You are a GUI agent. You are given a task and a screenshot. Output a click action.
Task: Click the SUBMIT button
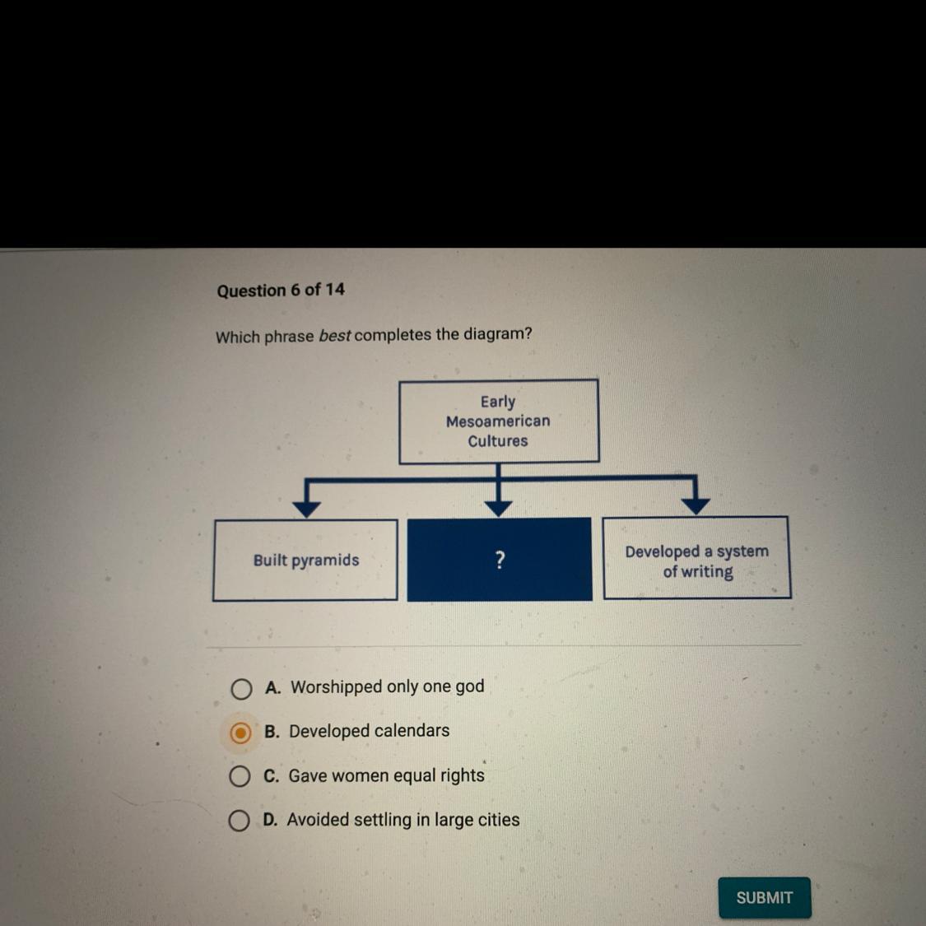pos(764,897)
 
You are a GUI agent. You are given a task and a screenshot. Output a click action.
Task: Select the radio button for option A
pos(241,689)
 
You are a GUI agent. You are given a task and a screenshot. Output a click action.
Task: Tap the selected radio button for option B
pos(240,733)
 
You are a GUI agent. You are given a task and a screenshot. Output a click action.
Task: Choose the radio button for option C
pos(240,776)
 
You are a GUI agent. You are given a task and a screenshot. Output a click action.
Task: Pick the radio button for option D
pos(239,821)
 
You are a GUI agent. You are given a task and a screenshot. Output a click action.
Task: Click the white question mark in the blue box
pos(500,561)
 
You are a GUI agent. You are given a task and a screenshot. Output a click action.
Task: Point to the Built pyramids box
pos(305,561)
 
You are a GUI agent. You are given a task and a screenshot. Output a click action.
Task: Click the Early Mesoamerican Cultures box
pos(498,421)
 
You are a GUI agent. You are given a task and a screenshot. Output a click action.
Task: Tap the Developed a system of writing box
pos(696,559)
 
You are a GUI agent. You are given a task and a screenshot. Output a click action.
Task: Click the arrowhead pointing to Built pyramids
pos(306,508)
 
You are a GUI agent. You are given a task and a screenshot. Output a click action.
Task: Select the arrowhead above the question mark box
pos(498,507)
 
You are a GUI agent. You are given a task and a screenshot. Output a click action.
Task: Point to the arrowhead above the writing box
pos(696,505)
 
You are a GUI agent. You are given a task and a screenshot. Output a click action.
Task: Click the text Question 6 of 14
pos(281,291)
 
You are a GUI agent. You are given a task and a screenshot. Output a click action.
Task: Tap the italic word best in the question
pos(335,336)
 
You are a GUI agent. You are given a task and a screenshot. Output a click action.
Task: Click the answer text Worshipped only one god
pos(387,686)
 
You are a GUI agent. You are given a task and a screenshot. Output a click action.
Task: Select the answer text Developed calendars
pos(369,731)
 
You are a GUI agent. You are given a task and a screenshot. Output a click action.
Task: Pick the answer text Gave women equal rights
pos(386,775)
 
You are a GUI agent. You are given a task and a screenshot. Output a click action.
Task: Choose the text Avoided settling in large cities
pos(403,820)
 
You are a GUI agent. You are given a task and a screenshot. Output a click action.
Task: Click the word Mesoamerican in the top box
pos(498,421)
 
